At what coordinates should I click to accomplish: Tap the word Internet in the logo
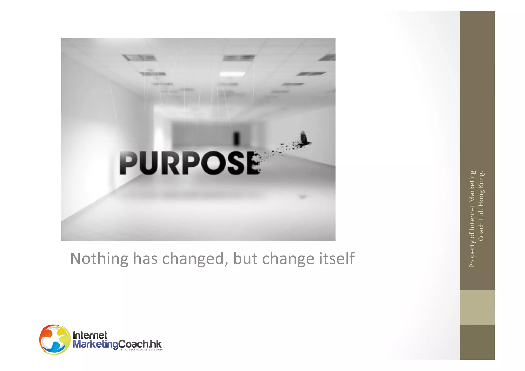[90, 335]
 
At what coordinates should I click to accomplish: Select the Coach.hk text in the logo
[140, 344]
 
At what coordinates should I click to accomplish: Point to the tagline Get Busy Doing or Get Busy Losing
[142, 350]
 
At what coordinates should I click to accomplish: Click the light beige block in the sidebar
[477, 307]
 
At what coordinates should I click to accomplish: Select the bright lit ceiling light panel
[229, 74]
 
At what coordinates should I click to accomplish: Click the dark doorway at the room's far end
[236, 138]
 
